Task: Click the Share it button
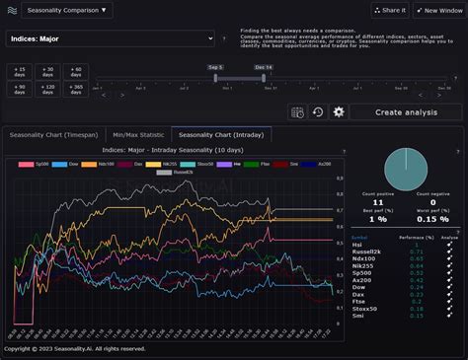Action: (x=389, y=10)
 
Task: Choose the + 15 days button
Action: (x=20, y=71)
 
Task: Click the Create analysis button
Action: (x=405, y=111)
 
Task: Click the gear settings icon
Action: (x=339, y=111)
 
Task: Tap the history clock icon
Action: (x=318, y=111)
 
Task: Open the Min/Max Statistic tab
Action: (x=138, y=134)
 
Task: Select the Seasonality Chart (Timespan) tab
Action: (x=53, y=134)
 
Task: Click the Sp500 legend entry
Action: (x=36, y=164)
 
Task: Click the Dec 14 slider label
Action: (x=263, y=67)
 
